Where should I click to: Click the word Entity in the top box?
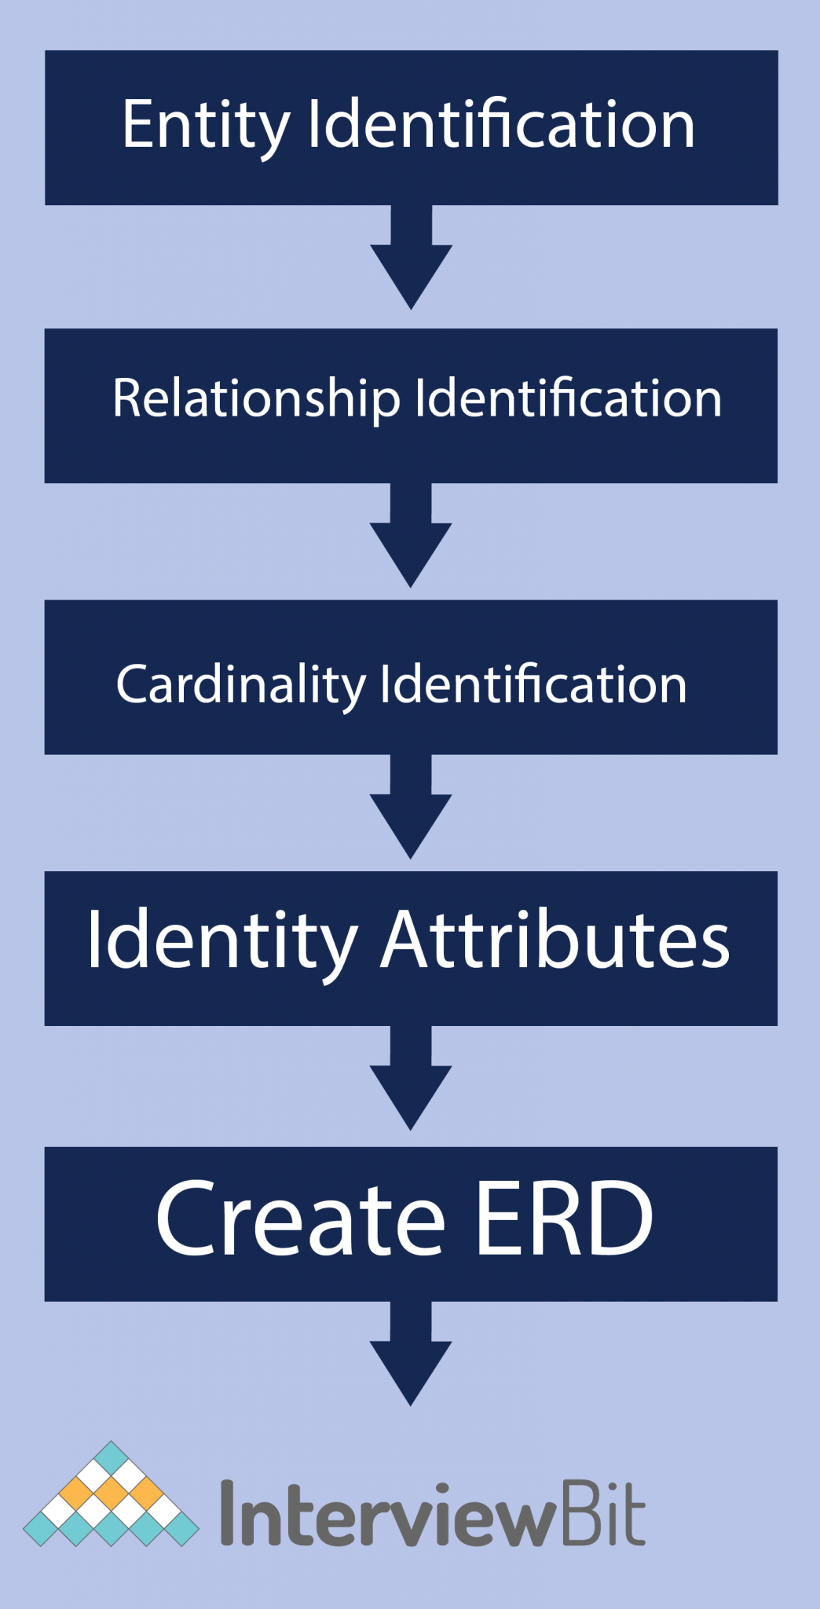(206, 126)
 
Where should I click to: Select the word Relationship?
(255, 399)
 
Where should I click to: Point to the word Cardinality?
(240, 685)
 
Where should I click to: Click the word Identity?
(222, 941)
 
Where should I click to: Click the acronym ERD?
(564, 1218)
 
